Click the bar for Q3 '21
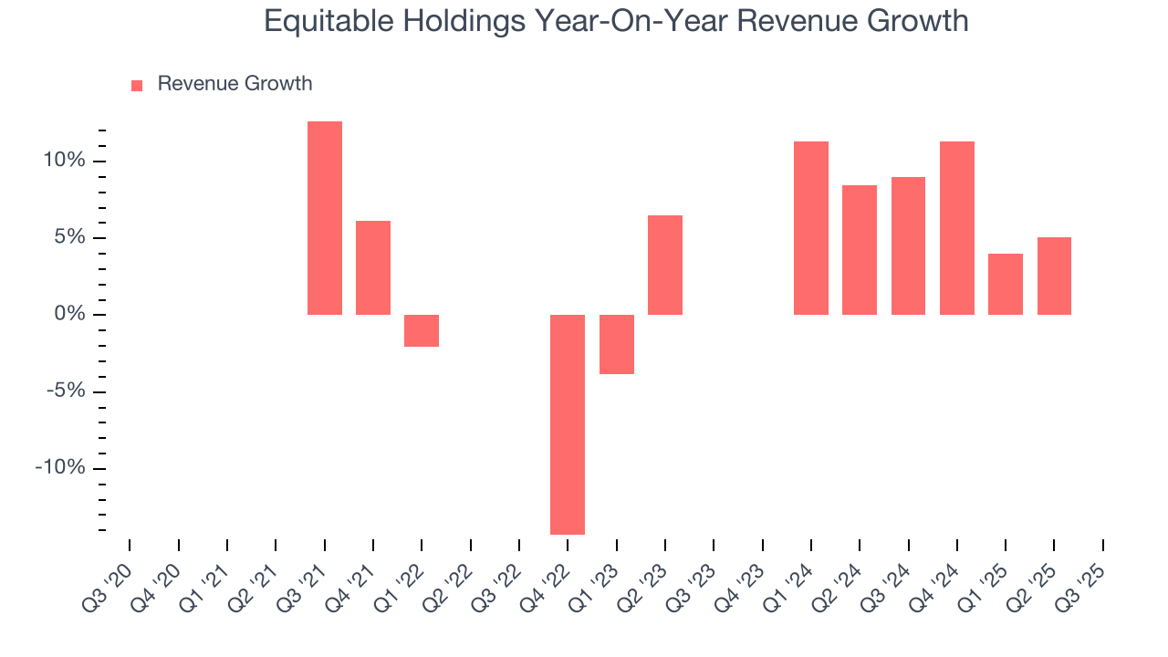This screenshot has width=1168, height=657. point(324,218)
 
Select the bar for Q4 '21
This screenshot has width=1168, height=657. point(373,267)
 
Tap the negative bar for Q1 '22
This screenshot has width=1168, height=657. point(422,330)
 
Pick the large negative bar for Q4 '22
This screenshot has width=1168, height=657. point(568,424)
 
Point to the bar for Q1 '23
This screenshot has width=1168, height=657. point(616,344)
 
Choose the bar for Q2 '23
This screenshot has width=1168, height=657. point(665,265)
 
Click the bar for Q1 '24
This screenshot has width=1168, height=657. point(811,228)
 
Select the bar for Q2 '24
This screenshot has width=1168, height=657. point(860,250)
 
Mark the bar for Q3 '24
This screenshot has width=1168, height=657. point(908,245)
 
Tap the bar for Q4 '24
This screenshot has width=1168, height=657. point(957,228)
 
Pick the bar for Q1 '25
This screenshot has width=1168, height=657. point(1006,284)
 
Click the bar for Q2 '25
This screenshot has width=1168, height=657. point(1054,276)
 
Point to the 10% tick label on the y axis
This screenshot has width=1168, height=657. point(64,161)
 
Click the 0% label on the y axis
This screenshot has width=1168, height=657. point(69,315)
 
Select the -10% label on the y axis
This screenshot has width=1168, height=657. point(60,468)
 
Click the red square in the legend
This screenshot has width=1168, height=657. point(137,85)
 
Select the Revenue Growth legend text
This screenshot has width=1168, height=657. point(235,84)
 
